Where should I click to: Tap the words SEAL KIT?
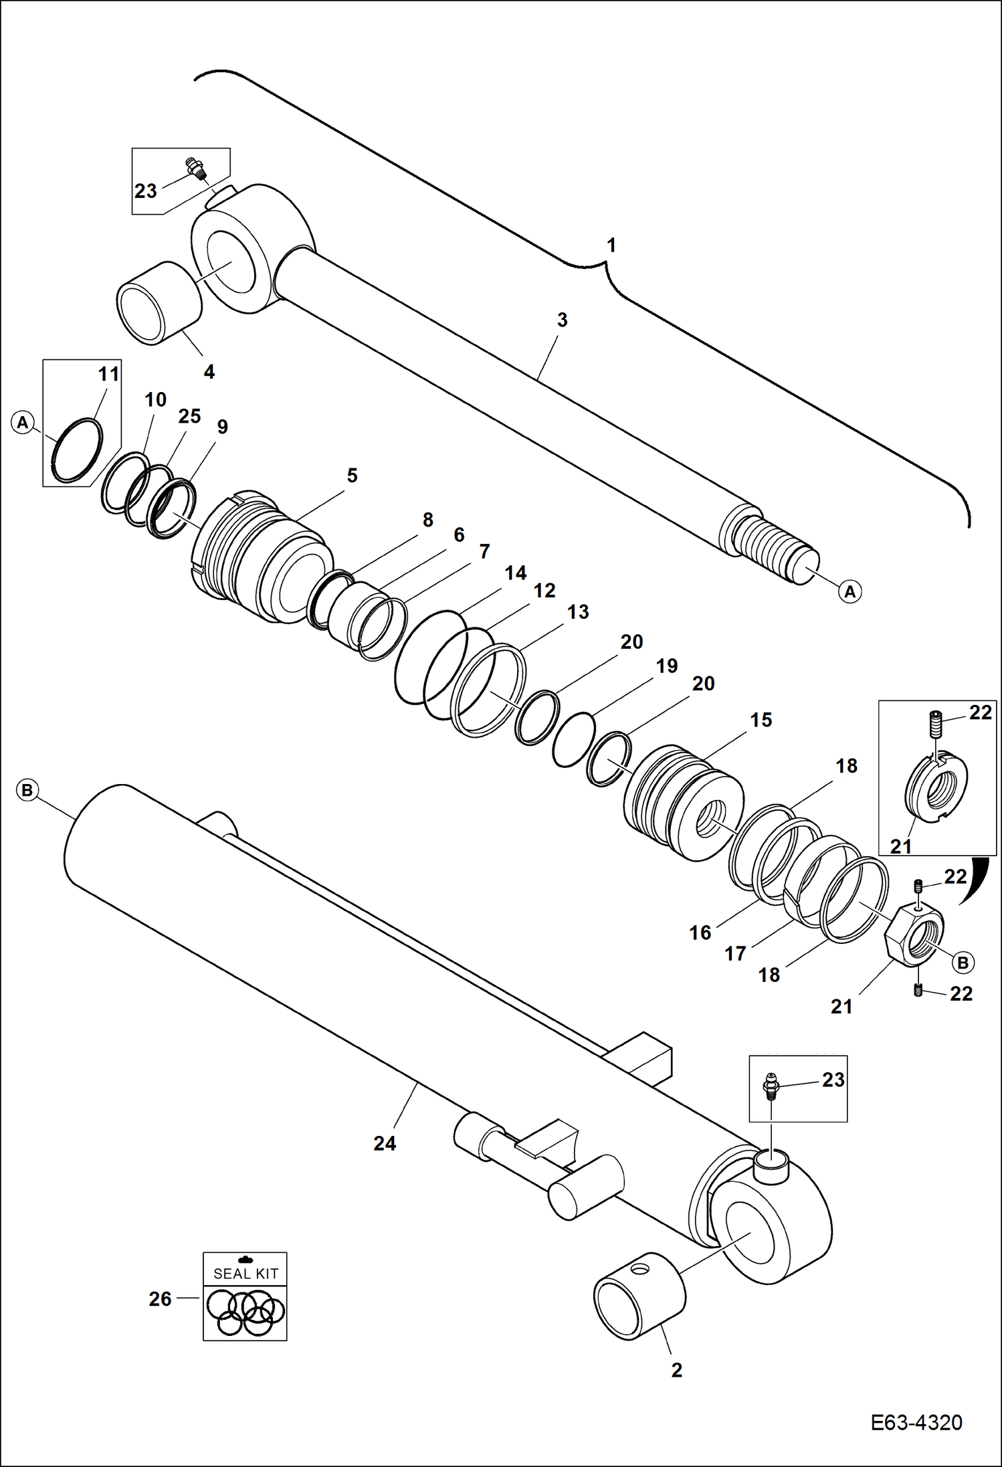pyautogui.click(x=245, y=1274)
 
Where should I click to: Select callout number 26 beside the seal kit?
pyautogui.click(x=161, y=1298)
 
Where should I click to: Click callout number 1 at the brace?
pyautogui.click(x=611, y=246)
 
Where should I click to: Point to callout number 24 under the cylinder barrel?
pyautogui.click(x=385, y=1143)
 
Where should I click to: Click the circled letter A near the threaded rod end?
pyautogui.click(x=849, y=591)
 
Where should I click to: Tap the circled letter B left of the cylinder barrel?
pyautogui.click(x=27, y=790)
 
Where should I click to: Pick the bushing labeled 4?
pyautogui.click(x=159, y=303)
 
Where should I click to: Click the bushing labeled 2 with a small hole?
pyautogui.click(x=640, y=1297)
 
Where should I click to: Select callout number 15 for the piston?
pyautogui.click(x=761, y=720)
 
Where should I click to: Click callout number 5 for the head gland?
pyautogui.click(x=352, y=476)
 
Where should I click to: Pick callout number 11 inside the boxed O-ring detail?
pyautogui.click(x=108, y=374)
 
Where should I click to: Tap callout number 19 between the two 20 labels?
pyautogui.click(x=667, y=666)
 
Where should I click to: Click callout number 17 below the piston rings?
pyautogui.click(x=735, y=953)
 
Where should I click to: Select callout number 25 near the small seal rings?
pyautogui.click(x=189, y=416)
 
